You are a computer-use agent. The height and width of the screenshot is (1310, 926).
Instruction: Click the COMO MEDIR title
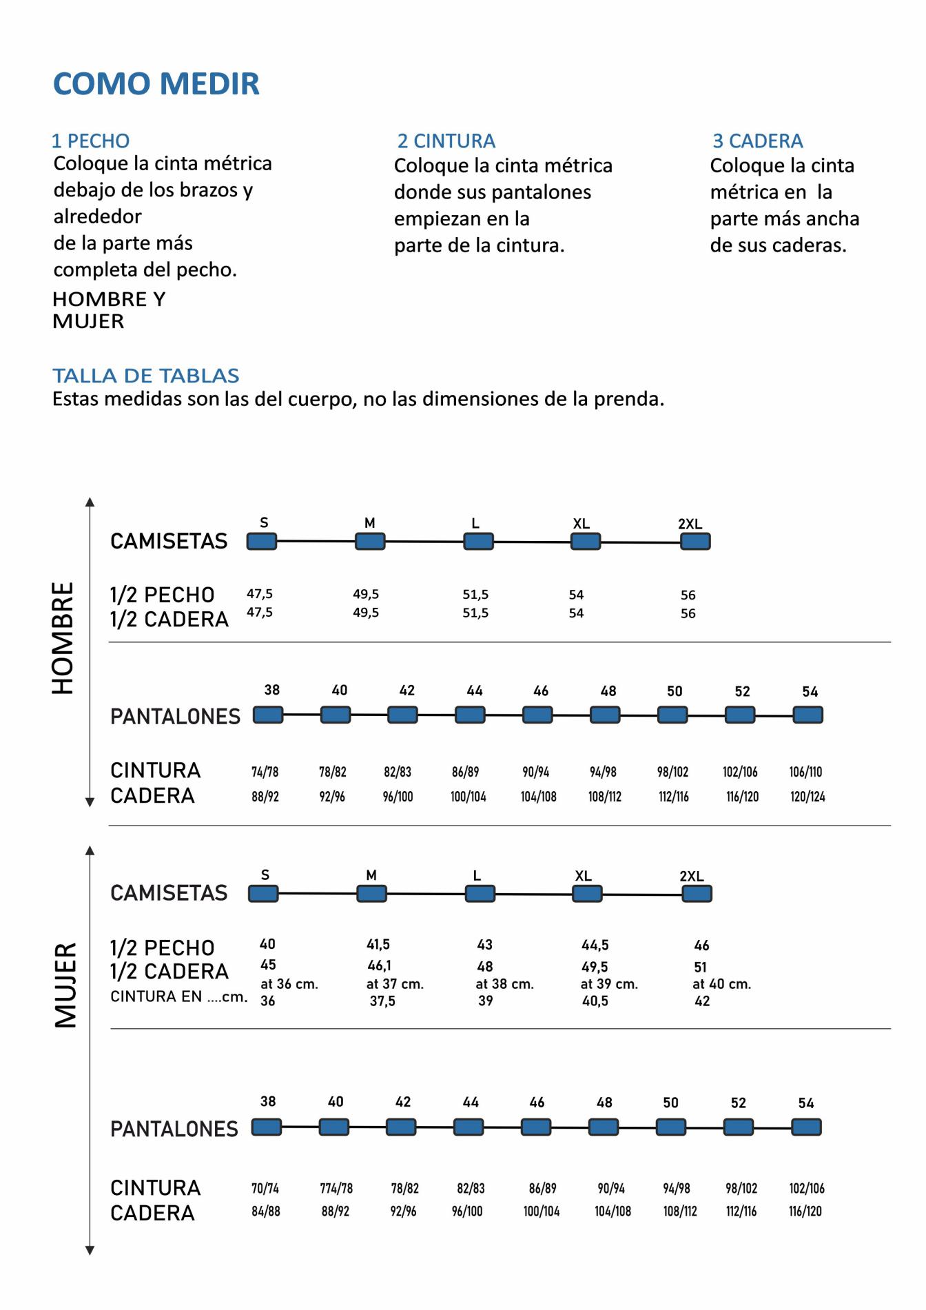[x=156, y=84]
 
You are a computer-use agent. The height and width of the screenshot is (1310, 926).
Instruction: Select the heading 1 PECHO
[x=91, y=141]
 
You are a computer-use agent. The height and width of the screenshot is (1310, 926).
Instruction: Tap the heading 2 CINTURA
[x=446, y=141]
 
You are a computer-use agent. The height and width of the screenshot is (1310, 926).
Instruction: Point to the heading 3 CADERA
[x=758, y=141]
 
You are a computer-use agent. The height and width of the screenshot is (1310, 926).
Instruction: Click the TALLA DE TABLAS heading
[x=146, y=376]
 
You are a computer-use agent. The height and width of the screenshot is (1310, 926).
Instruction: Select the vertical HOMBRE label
[x=63, y=637]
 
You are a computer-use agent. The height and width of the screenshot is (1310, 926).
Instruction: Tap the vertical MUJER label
[x=65, y=985]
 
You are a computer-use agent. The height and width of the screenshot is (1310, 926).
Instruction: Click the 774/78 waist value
[x=336, y=1188]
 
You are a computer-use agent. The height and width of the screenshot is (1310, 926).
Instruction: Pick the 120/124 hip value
[x=807, y=797]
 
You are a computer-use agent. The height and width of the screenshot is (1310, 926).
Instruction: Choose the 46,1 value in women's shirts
[x=379, y=965]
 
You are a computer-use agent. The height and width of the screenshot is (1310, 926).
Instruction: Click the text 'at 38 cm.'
[x=504, y=984]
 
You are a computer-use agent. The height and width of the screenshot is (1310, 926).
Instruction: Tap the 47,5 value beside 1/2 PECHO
[x=260, y=593]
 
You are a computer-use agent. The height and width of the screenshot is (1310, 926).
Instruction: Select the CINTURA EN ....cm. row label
[x=178, y=996]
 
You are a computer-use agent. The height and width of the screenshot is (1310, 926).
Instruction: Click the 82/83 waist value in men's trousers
[x=398, y=772]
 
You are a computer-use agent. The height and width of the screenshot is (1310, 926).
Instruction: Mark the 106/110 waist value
[x=805, y=772]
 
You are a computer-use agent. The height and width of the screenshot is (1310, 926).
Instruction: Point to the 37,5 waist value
[x=382, y=1001]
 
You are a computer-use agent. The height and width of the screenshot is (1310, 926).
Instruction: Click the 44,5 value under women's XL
[x=595, y=945]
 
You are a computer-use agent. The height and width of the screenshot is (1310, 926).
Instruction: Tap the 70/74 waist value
[x=265, y=1188]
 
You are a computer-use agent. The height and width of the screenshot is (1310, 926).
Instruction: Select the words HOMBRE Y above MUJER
[x=109, y=299]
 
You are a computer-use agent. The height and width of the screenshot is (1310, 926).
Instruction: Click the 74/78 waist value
[x=265, y=772]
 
